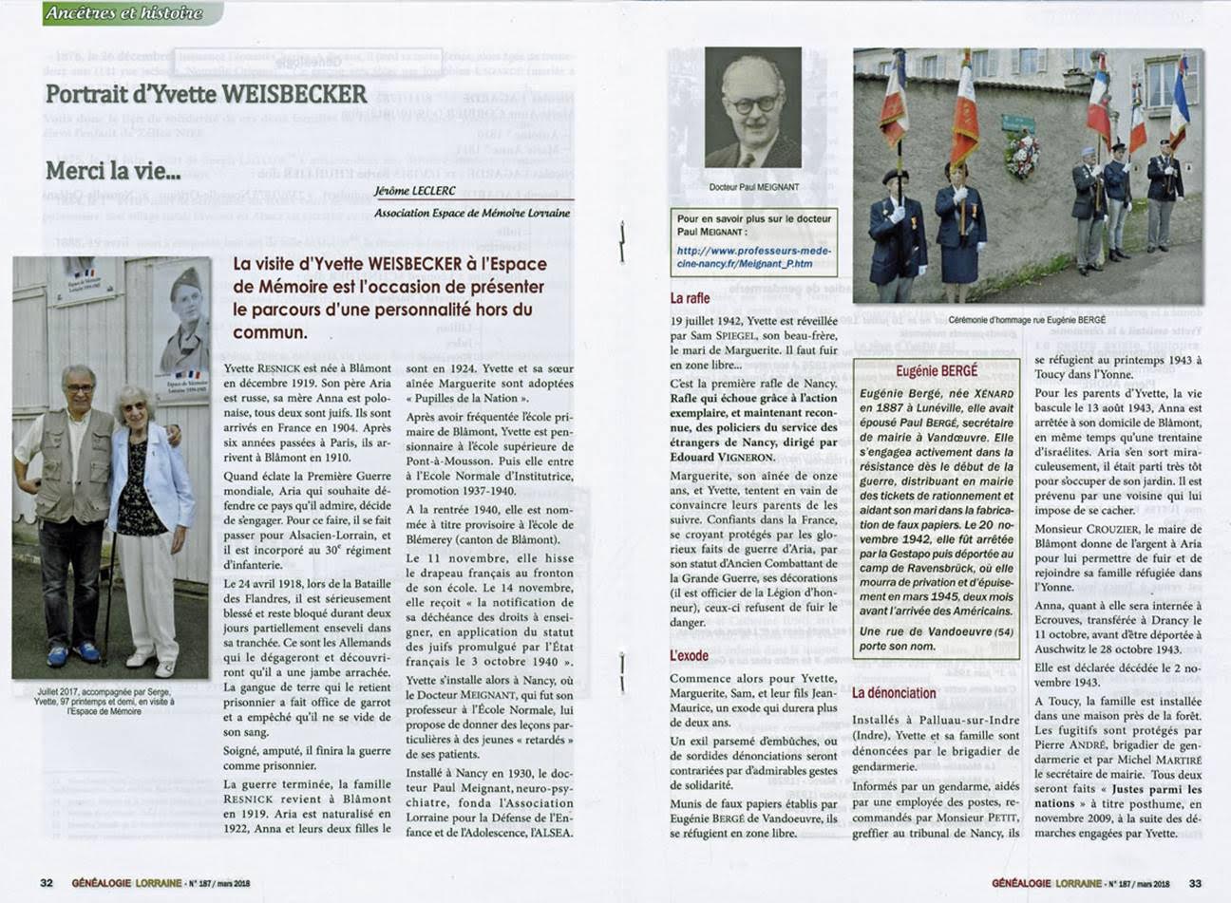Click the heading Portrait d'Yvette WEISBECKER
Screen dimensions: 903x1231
(206, 94)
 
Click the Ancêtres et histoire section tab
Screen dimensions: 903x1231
(123, 12)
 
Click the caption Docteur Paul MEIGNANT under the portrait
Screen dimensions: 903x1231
(753, 188)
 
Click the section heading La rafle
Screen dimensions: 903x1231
(690, 298)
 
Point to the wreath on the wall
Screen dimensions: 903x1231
(1021, 155)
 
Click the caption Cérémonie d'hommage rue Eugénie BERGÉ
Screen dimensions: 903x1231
(1027, 320)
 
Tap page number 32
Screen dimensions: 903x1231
(47, 882)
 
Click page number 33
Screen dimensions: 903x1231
(1195, 882)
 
